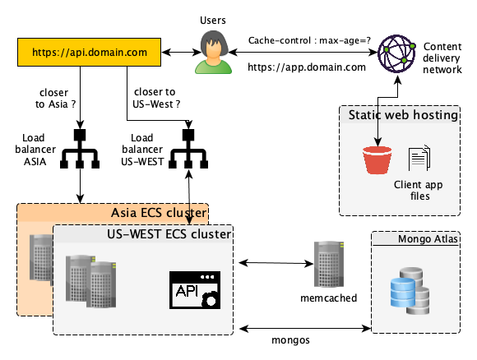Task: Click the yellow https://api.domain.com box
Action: [x=89, y=52]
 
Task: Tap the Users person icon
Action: [x=213, y=52]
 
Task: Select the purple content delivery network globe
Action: [x=396, y=53]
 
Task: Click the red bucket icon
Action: [x=377, y=160]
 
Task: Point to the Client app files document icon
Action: [x=419, y=158]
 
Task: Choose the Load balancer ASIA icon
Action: [x=80, y=149]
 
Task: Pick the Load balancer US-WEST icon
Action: [x=188, y=149]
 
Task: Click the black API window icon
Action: [x=195, y=290]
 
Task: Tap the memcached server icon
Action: [x=329, y=264]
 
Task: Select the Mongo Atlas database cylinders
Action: [x=410, y=291]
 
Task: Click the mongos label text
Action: [x=290, y=340]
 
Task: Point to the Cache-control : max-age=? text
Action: [x=309, y=40]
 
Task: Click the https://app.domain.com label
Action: [x=307, y=67]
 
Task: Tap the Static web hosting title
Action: [x=403, y=115]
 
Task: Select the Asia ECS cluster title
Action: [x=159, y=213]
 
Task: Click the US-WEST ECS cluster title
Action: [x=169, y=234]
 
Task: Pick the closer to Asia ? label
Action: [x=55, y=98]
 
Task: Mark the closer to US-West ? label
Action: [x=156, y=98]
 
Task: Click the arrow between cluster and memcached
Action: [x=276, y=263]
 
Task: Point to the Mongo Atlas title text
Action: [x=428, y=239]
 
